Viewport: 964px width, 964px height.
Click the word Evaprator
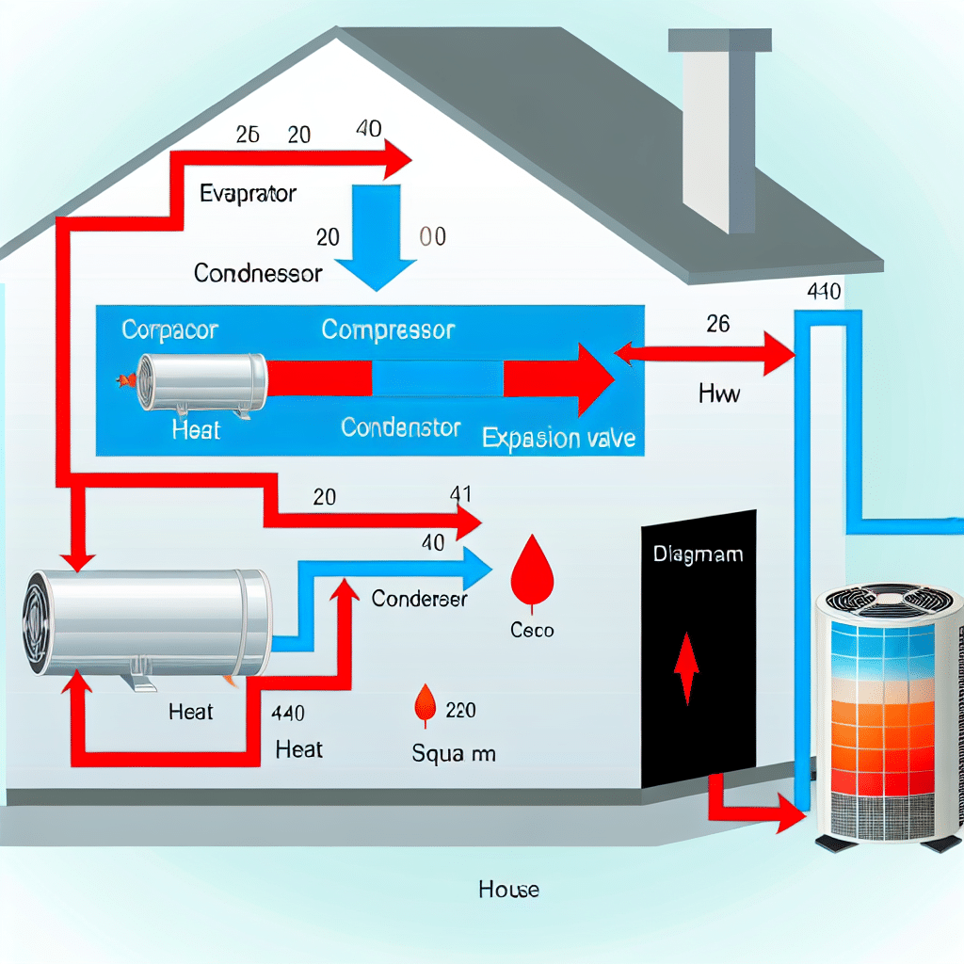point(249,194)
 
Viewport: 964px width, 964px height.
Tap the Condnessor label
point(258,273)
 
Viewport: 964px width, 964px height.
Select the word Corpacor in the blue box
point(169,330)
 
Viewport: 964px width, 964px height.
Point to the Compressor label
point(388,329)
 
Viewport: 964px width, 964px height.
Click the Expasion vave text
point(558,438)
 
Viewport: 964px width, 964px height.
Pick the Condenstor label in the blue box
point(401,427)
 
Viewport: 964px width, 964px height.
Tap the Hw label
point(719,394)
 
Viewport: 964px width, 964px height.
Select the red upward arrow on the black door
point(687,667)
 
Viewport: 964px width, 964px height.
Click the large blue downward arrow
point(375,235)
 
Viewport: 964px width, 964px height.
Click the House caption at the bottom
point(508,889)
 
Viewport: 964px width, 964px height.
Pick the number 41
point(462,494)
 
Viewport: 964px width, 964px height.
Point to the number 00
point(432,236)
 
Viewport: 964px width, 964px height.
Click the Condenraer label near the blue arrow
point(419,598)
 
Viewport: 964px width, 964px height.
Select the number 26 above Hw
point(717,324)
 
